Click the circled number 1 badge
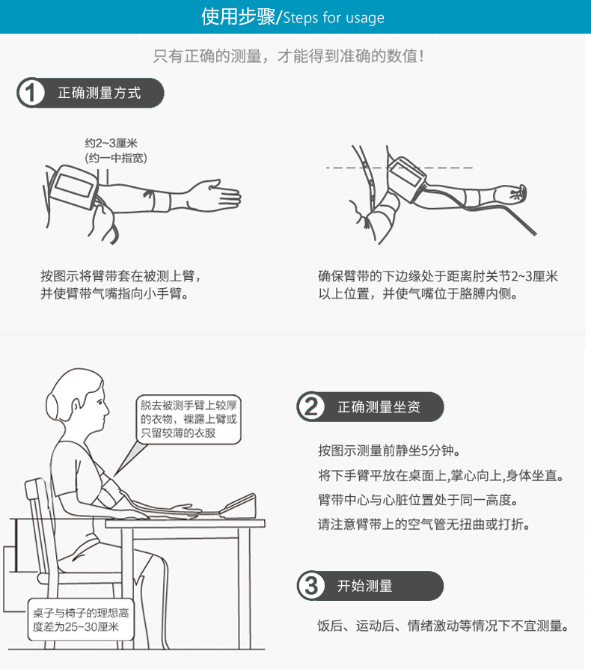[x=31, y=93]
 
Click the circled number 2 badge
[x=311, y=406]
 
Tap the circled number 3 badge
[x=311, y=585]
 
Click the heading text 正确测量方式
[x=99, y=93]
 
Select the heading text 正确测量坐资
[x=379, y=406]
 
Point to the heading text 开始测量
[x=364, y=585]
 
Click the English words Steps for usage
[x=334, y=18]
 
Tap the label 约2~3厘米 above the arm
[x=111, y=143]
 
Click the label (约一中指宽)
[x=116, y=159]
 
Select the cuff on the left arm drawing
[x=73, y=186]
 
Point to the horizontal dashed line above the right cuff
[x=399, y=168]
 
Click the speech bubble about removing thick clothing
[x=189, y=419]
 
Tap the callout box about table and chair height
[x=81, y=620]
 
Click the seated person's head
[x=78, y=397]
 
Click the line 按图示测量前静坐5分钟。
[x=389, y=450]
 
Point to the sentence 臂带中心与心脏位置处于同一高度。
[x=418, y=500]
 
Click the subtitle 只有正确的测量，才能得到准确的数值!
[x=289, y=56]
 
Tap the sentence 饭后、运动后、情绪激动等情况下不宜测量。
[x=443, y=626]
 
